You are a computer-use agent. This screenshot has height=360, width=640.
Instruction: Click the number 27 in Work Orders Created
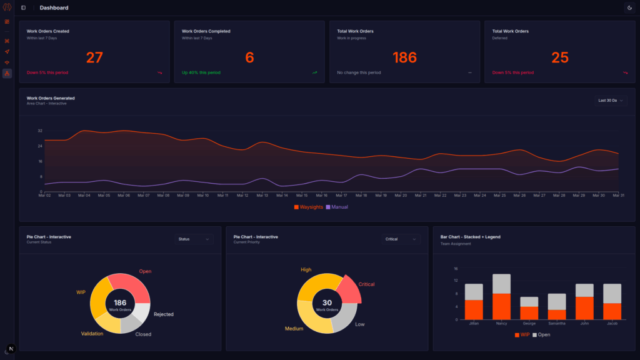click(x=94, y=57)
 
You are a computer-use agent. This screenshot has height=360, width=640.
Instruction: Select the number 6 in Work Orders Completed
click(x=249, y=57)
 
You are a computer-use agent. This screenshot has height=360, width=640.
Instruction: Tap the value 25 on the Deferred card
click(x=560, y=57)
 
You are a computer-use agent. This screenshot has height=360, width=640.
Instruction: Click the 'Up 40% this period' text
click(x=201, y=72)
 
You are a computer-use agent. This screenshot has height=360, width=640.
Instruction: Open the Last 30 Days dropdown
click(x=611, y=100)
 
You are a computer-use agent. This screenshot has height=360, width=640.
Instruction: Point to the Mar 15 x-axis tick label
click(x=301, y=196)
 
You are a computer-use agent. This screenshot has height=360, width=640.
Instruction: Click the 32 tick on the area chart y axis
click(x=40, y=131)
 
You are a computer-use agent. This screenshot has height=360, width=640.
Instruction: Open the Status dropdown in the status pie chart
click(x=194, y=239)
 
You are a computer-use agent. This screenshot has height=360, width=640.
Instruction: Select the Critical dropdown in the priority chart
click(x=401, y=239)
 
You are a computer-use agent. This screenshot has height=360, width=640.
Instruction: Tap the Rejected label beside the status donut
click(x=164, y=314)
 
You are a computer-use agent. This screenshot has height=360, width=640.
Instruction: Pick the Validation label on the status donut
click(x=92, y=334)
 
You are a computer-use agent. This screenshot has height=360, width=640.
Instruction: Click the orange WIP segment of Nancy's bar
click(x=501, y=306)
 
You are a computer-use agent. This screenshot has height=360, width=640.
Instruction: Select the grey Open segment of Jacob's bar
click(x=612, y=293)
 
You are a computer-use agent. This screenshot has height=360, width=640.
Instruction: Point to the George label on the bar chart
click(x=529, y=324)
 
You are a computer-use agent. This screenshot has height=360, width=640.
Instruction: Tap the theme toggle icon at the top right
click(x=629, y=7)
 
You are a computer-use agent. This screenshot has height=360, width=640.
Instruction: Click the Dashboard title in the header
click(x=54, y=7)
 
